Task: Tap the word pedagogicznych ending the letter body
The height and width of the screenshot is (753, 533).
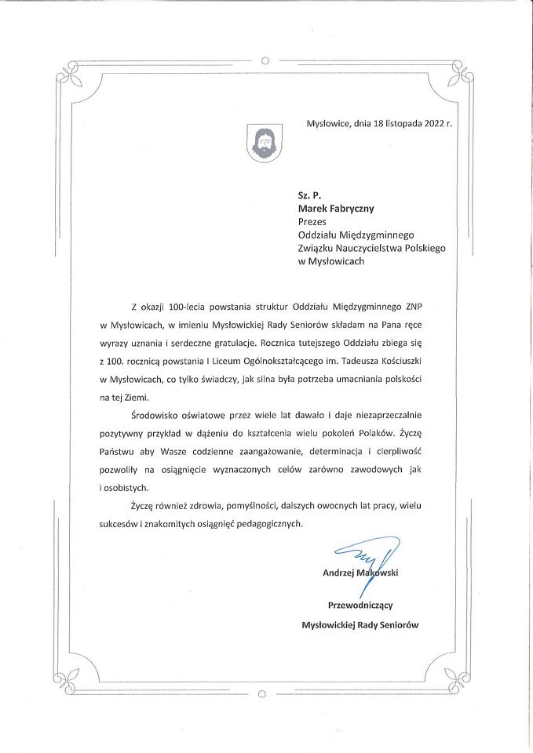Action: point(264,523)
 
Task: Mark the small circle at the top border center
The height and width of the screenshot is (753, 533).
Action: point(265,60)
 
